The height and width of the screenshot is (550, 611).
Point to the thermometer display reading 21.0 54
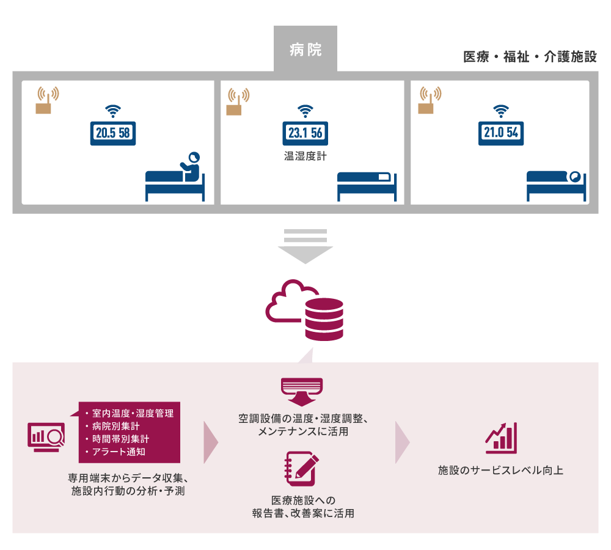(502, 132)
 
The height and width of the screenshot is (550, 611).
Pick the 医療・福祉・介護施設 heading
(530, 57)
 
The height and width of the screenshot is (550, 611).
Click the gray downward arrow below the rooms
(305, 246)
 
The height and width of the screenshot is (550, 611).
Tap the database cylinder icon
(324, 319)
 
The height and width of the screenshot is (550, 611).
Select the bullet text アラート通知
(119, 452)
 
